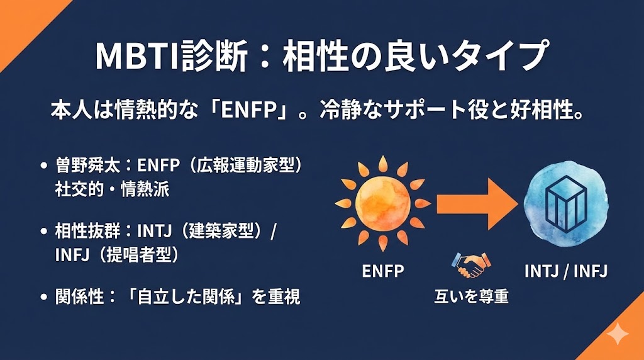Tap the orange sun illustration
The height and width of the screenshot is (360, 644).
[382, 203]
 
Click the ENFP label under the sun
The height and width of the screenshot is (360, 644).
[383, 271]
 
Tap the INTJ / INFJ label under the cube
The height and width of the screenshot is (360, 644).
[566, 271]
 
